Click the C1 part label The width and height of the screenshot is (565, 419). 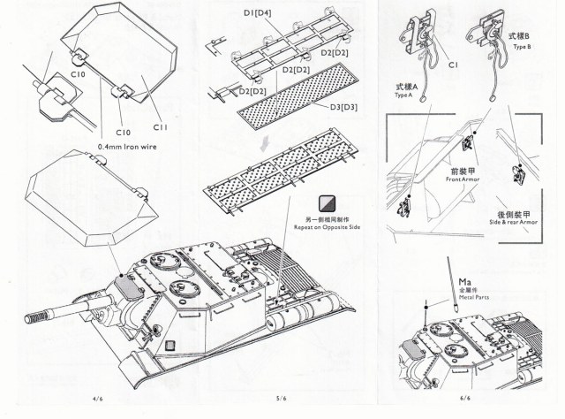(452, 65)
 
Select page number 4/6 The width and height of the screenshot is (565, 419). (97, 397)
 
